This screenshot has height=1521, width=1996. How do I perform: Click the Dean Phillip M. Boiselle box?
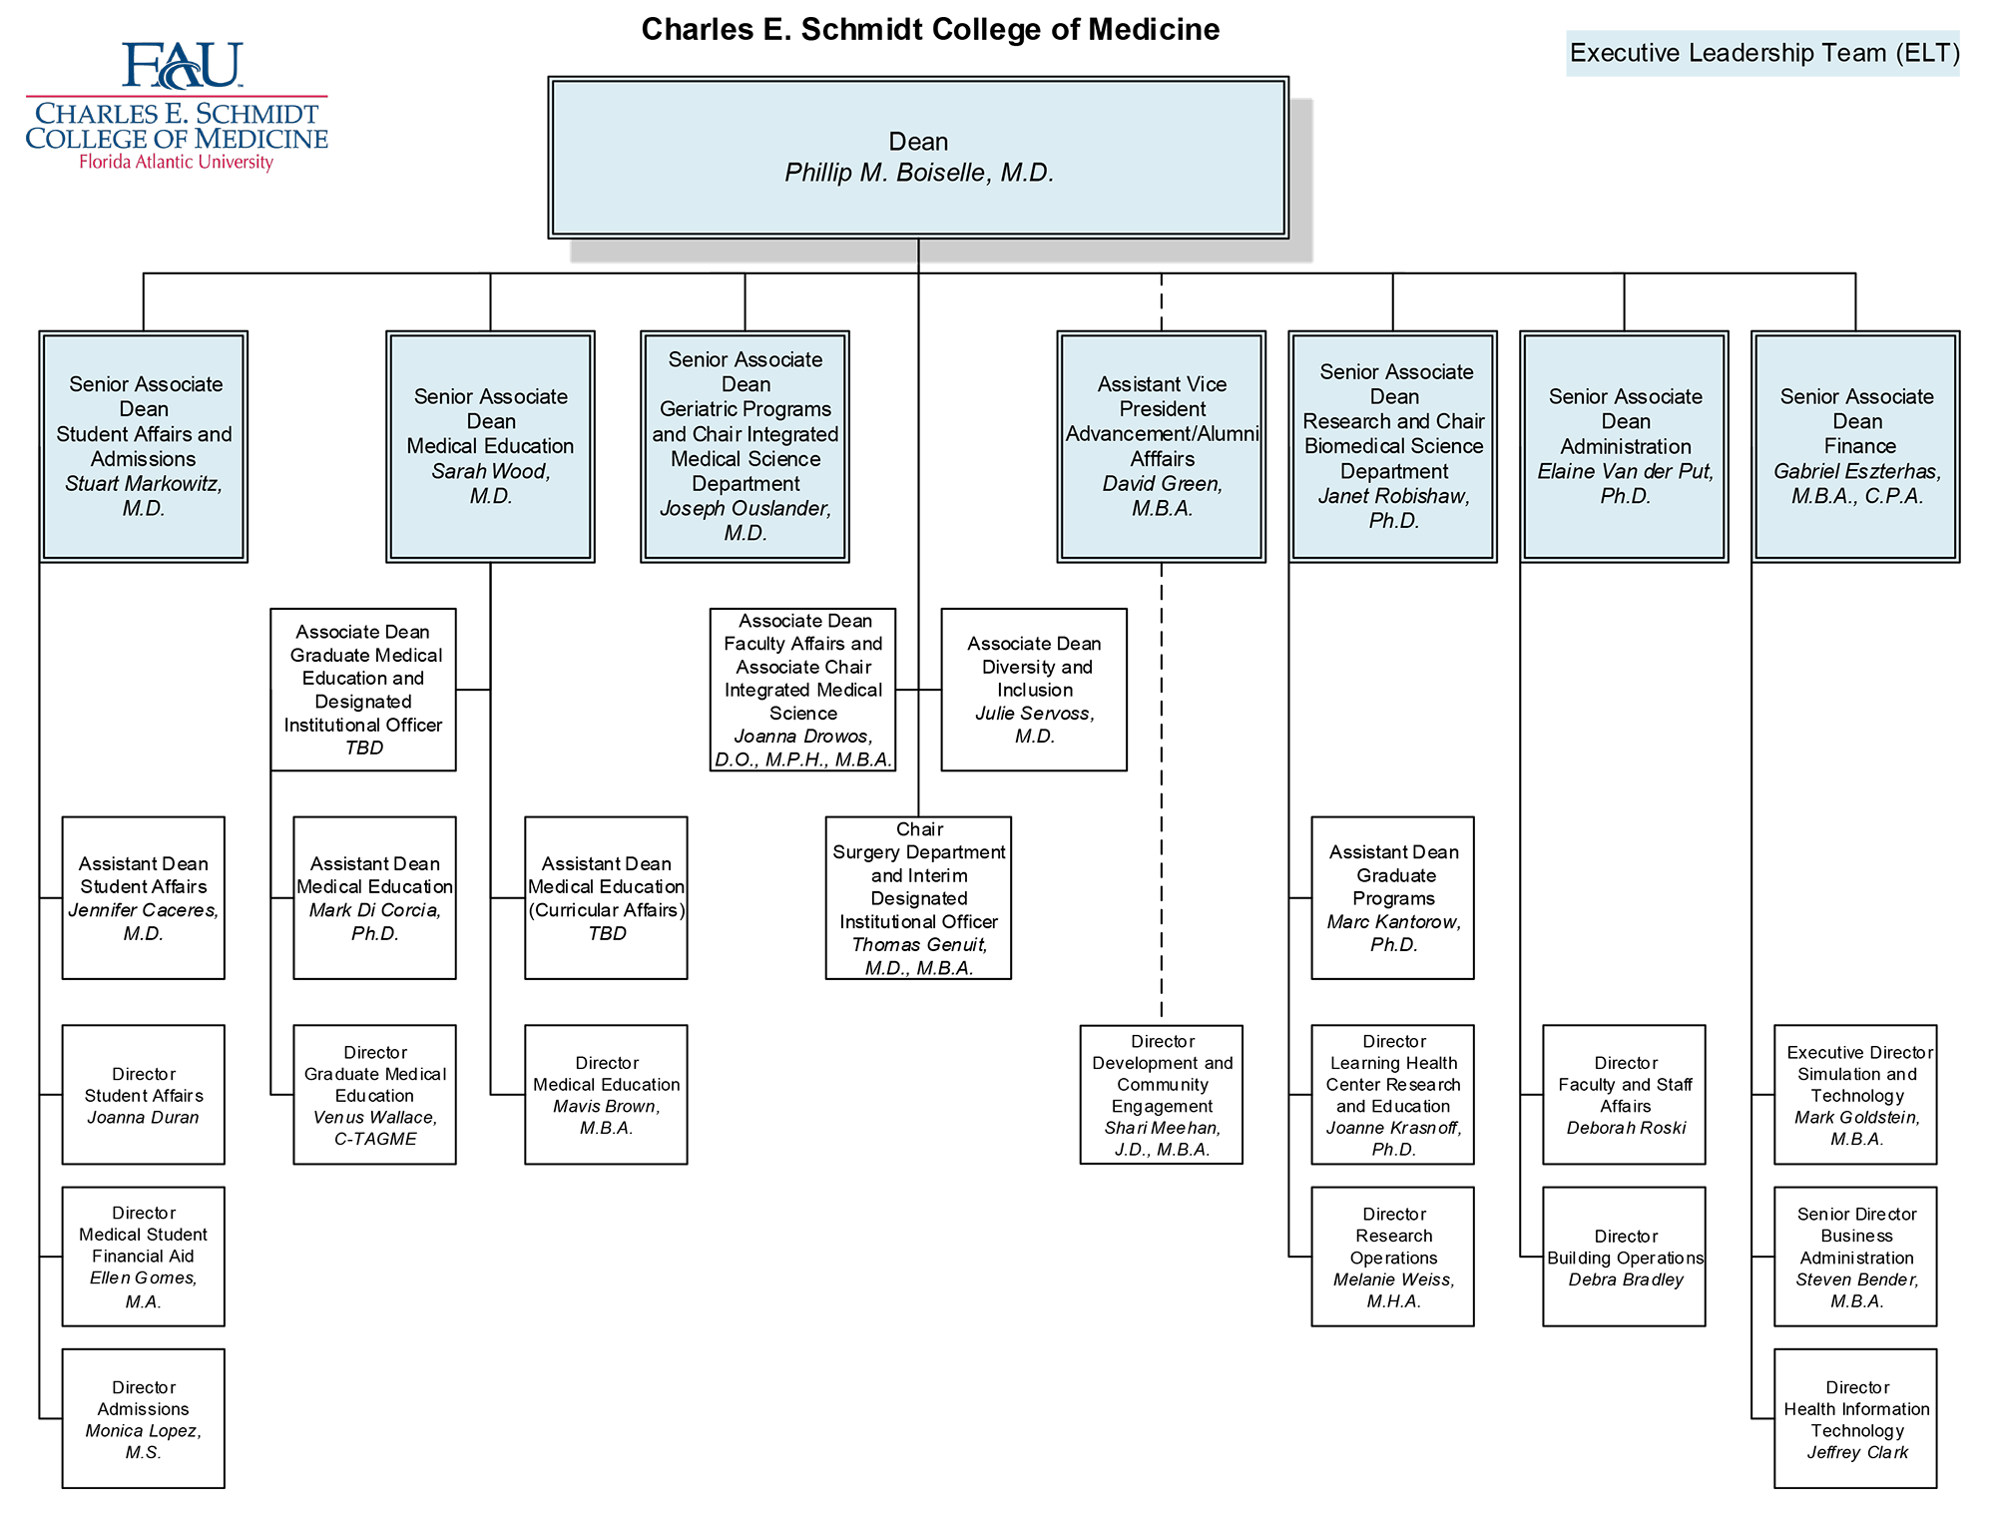pyautogui.click(x=918, y=158)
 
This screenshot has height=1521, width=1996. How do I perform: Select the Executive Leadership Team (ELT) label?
pyautogui.click(x=1763, y=53)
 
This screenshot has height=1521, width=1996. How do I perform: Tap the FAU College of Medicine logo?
pyautogui.click(x=180, y=125)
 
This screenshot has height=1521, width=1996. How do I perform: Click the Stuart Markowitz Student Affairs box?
pyautogui.click(x=144, y=446)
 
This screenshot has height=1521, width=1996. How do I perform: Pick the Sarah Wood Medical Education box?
pyautogui.click(x=490, y=446)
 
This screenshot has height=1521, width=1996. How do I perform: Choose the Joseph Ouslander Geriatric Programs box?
pyautogui.click(x=745, y=446)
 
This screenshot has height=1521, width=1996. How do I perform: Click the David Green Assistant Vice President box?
pyautogui.click(x=1162, y=446)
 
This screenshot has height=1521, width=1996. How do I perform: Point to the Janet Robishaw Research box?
pyautogui.click(x=1393, y=446)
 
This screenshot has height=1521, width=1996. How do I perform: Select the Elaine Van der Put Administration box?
pyautogui.click(x=1625, y=446)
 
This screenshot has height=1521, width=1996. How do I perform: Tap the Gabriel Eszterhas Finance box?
pyautogui.click(x=1856, y=446)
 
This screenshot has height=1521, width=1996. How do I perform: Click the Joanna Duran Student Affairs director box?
pyautogui.click(x=144, y=1095)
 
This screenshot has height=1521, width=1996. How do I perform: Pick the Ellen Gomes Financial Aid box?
pyautogui.click(x=144, y=1257)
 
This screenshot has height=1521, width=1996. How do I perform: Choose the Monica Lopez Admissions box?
pyautogui.click(x=144, y=1418)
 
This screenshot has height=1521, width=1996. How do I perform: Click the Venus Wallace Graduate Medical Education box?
pyautogui.click(x=375, y=1095)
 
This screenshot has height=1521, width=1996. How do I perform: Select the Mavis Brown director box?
pyautogui.click(x=607, y=1095)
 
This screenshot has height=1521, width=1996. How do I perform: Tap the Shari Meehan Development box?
pyautogui.click(x=1162, y=1095)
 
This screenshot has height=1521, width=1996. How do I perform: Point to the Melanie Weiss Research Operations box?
pyautogui.click(x=1393, y=1257)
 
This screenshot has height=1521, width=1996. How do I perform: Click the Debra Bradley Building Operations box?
pyautogui.click(x=1625, y=1257)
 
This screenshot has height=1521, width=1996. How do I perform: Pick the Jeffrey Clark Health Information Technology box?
pyautogui.click(x=1856, y=1418)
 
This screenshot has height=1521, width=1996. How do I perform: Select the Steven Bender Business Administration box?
pyautogui.click(x=1856, y=1257)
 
